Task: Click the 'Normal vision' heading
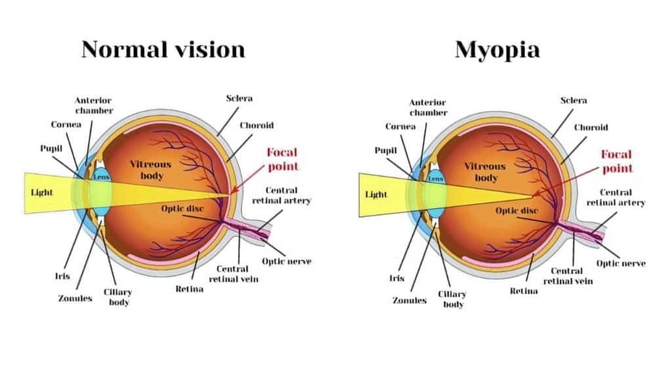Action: click(x=163, y=49)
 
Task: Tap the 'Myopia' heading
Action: click(x=497, y=50)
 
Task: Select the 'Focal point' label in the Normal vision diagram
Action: click(x=282, y=159)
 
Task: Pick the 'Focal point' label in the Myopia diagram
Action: click(x=617, y=161)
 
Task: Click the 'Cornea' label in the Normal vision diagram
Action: click(x=66, y=125)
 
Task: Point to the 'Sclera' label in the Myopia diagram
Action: click(x=574, y=100)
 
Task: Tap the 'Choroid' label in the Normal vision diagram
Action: click(x=257, y=125)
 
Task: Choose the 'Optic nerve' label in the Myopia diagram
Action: click(x=621, y=264)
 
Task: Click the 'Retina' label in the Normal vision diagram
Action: click(x=190, y=289)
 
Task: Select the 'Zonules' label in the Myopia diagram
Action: click(x=409, y=300)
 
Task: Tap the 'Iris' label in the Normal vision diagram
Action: click(x=62, y=276)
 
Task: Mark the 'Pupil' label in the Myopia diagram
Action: click(x=386, y=150)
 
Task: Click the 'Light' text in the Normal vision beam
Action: click(x=41, y=192)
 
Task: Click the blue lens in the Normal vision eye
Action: click(x=101, y=192)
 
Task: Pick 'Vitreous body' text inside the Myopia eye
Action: click(x=485, y=172)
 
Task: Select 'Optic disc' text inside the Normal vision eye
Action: click(x=182, y=209)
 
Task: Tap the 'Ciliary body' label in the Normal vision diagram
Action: click(x=118, y=297)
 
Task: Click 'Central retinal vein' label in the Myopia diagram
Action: click(x=568, y=276)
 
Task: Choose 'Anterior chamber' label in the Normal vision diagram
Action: click(x=94, y=106)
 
